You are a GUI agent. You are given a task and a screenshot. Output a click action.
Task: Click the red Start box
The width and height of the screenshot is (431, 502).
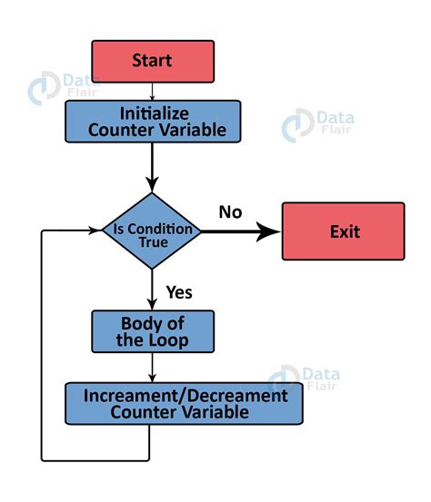click(x=152, y=61)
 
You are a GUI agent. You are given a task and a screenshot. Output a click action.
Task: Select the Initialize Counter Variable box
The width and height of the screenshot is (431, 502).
click(x=152, y=121)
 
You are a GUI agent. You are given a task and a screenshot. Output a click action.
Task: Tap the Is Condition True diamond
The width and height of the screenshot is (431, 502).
click(x=152, y=231)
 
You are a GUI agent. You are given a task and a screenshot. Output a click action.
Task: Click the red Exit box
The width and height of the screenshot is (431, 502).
click(x=343, y=231)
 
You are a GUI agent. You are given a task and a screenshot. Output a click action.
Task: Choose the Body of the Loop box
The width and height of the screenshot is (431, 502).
click(x=153, y=331)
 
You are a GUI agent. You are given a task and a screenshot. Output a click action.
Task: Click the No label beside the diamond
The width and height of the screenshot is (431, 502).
click(x=230, y=212)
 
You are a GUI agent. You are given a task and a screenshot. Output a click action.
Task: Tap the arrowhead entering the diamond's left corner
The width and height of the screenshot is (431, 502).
click(x=95, y=231)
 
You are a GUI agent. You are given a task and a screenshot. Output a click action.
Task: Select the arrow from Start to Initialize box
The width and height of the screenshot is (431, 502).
click(x=152, y=91)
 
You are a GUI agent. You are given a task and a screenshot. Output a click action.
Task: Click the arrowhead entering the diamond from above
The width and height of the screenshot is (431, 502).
click(x=152, y=185)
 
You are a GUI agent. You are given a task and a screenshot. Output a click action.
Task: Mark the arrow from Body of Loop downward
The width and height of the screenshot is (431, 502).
click(x=152, y=368)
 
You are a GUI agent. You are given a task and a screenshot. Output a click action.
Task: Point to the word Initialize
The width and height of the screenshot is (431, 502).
click(x=152, y=113)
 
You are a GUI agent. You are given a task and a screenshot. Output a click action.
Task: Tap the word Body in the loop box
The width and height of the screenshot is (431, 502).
click(x=142, y=323)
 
